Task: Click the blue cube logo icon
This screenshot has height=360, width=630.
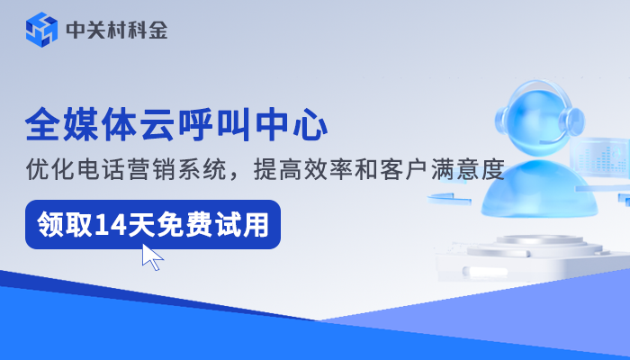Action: (x=40, y=31)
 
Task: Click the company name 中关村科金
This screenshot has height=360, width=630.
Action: (x=116, y=31)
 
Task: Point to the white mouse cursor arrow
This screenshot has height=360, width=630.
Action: (x=151, y=256)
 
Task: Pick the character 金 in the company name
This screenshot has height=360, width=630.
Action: (x=157, y=31)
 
